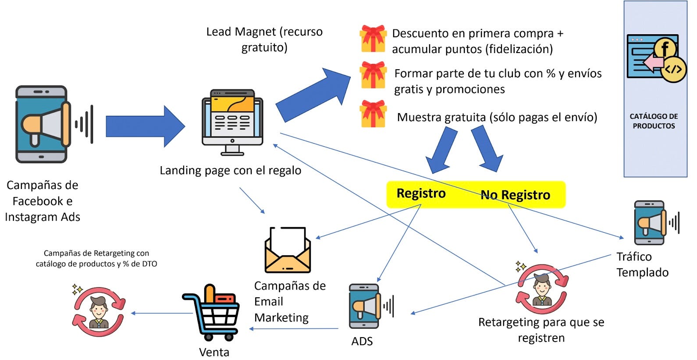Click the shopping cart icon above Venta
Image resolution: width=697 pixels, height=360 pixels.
coord(211,313)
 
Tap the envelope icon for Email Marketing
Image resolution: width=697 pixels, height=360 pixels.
coord(288,251)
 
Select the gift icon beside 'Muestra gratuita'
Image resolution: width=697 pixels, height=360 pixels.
coord(373,114)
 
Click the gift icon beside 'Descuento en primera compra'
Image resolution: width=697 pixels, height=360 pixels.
coord(373,39)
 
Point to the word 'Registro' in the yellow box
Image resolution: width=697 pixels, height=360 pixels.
coord(421,193)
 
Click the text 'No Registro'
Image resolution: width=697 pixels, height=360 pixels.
coord(515,195)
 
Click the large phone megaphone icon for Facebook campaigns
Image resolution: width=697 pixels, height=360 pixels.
coord(43,124)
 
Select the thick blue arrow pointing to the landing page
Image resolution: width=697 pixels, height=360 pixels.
coord(145,126)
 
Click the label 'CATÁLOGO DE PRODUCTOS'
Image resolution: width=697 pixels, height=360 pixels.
coord(654,121)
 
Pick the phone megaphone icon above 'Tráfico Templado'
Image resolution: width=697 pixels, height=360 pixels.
coord(650,223)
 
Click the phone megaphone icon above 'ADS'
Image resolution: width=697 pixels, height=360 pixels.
coord(365,307)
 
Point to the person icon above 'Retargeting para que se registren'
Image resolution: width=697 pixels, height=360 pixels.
coord(542,289)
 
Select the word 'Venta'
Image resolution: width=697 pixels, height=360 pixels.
coord(214,352)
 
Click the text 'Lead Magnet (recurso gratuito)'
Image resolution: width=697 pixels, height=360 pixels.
coord(264,39)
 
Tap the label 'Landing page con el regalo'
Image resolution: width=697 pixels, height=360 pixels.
coord(230,170)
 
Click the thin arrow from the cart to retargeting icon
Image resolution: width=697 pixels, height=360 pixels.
coord(162,313)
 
